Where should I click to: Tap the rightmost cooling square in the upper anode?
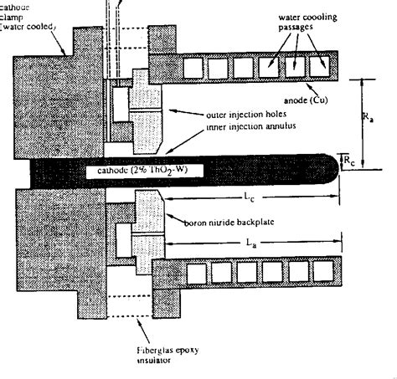(319, 62)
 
